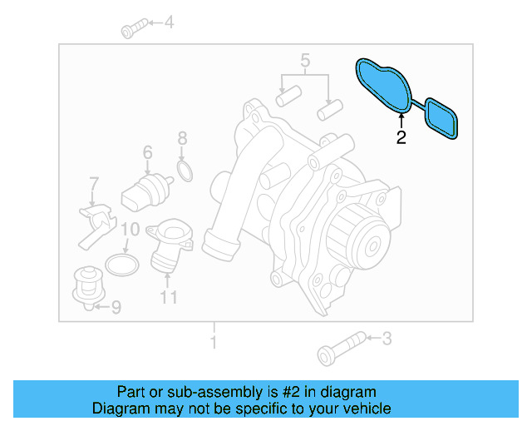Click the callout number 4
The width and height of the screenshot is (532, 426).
tap(169, 23)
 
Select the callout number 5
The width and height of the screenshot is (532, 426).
tap(305, 60)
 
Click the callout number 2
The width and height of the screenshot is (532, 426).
tap(401, 138)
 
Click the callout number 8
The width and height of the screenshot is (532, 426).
tap(183, 139)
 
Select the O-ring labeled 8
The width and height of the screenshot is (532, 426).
tap(185, 172)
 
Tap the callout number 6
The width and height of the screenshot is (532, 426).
tap(147, 153)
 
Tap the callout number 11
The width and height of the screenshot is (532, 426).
tap(169, 296)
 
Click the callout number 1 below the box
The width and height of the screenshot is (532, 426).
tap(214, 342)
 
